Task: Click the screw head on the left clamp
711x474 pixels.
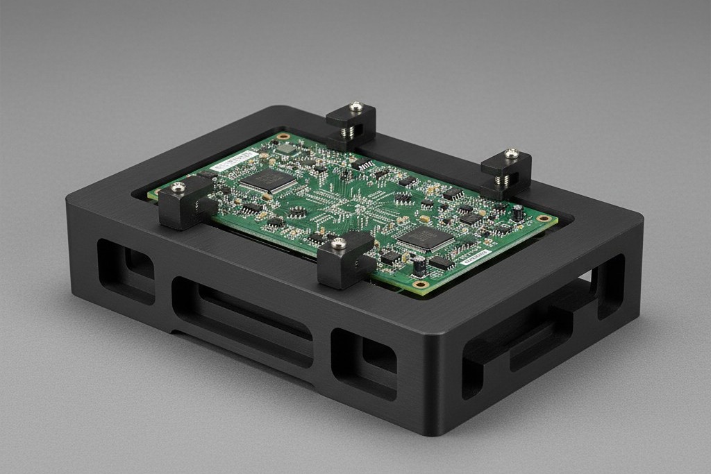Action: tap(178, 186)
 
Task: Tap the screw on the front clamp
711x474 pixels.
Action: tap(339, 243)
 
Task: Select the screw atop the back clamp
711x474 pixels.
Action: tap(356, 107)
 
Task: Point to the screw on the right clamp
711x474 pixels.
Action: tap(511, 153)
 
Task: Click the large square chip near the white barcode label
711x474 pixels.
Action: tap(268, 180)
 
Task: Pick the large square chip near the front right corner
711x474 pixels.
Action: tap(425, 239)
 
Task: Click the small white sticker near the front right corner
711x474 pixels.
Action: tap(476, 257)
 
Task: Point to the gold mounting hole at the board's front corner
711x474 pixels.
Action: tap(419, 284)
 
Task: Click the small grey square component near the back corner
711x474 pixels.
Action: tap(285, 149)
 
